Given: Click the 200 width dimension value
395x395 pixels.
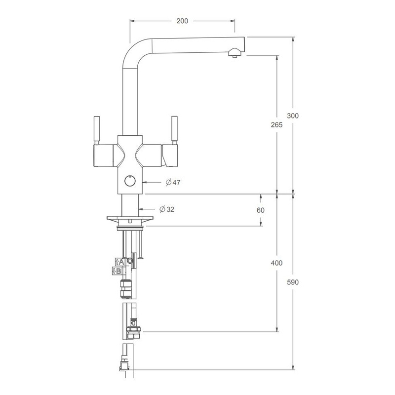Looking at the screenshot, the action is (x=182, y=21).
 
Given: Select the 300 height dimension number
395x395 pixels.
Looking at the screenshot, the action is (x=293, y=116).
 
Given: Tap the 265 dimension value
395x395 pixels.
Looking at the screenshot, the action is (x=276, y=125).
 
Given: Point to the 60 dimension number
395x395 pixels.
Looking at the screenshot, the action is (x=261, y=210).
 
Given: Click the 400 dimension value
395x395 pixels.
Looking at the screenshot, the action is (x=276, y=263).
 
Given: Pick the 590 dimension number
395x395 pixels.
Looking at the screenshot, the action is (x=293, y=282).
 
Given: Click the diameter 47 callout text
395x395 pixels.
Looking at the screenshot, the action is (x=173, y=182).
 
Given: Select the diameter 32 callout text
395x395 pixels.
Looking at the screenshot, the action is (x=167, y=209).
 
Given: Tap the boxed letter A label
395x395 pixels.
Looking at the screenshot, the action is (x=120, y=262).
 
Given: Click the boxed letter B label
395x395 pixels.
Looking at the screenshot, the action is (x=117, y=271).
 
